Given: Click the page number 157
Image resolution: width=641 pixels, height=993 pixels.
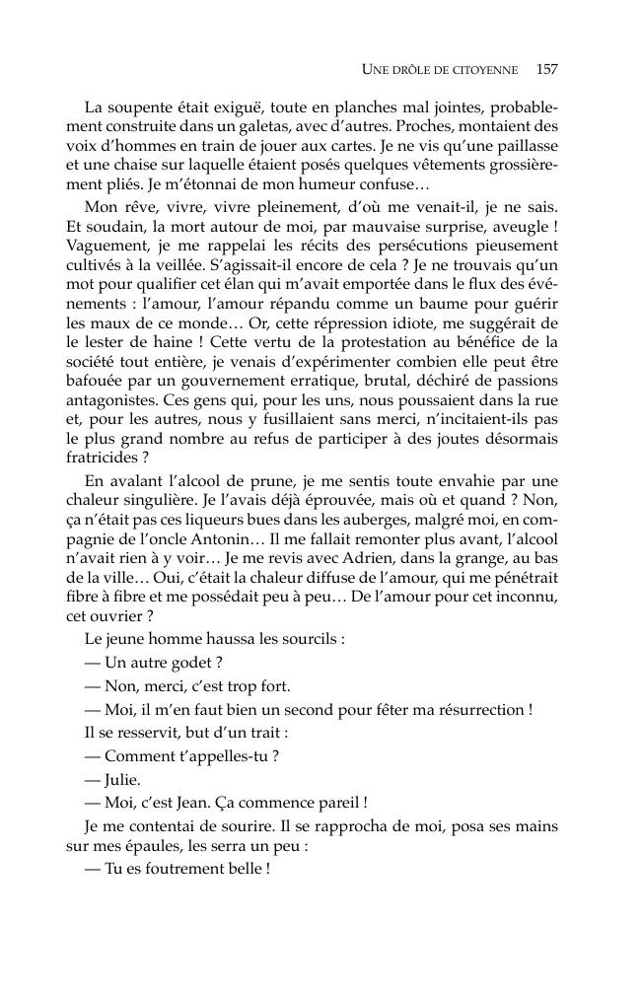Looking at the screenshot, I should [547, 69].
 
